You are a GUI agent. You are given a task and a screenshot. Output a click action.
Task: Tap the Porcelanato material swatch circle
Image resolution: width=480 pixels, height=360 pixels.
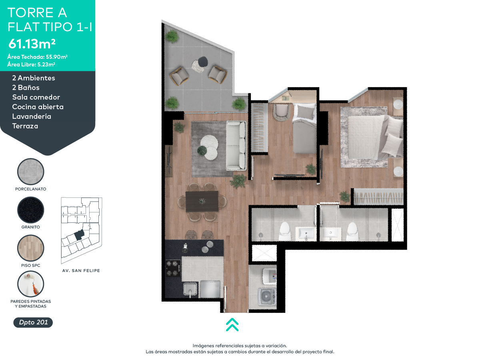pos(31,171)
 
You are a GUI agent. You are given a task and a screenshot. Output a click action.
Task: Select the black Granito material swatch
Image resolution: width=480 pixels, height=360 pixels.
pos(31,210)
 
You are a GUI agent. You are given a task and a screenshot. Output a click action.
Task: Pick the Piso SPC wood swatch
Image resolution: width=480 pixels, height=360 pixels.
pos(31,248)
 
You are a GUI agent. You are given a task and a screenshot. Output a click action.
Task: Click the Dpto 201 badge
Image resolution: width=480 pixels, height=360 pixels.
pos(33,322)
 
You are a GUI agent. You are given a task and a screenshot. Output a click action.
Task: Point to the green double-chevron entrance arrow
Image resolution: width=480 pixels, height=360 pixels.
pos(232,324)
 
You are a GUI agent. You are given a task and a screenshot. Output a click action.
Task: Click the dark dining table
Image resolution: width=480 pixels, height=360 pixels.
pos(202,201)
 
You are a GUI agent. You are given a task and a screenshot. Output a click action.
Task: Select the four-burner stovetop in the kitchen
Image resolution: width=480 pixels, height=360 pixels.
pos(173,268)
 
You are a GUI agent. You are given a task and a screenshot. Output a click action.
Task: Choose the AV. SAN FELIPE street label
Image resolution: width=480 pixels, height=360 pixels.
pos(81,271)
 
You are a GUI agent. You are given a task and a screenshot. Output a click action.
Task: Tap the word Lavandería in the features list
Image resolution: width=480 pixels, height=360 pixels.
pos(32,116)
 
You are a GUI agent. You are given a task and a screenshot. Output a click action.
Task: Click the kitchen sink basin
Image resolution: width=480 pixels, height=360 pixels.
pos(190,288)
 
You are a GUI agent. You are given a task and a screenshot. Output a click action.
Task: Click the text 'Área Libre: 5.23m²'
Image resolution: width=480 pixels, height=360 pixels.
pos(31,64)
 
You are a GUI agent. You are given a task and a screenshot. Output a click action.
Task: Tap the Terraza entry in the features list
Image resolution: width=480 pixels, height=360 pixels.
pos(25,126)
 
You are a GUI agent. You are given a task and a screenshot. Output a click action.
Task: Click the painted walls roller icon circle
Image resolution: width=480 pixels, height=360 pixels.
pos(31,284)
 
